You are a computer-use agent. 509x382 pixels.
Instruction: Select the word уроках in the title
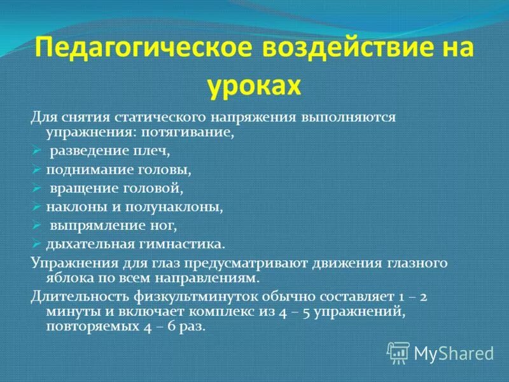coord(254,85)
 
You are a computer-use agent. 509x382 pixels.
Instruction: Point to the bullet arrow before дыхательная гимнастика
coord(36,244)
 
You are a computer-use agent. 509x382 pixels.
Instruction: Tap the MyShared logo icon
coord(398,351)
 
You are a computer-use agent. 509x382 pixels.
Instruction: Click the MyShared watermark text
coord(454,353)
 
